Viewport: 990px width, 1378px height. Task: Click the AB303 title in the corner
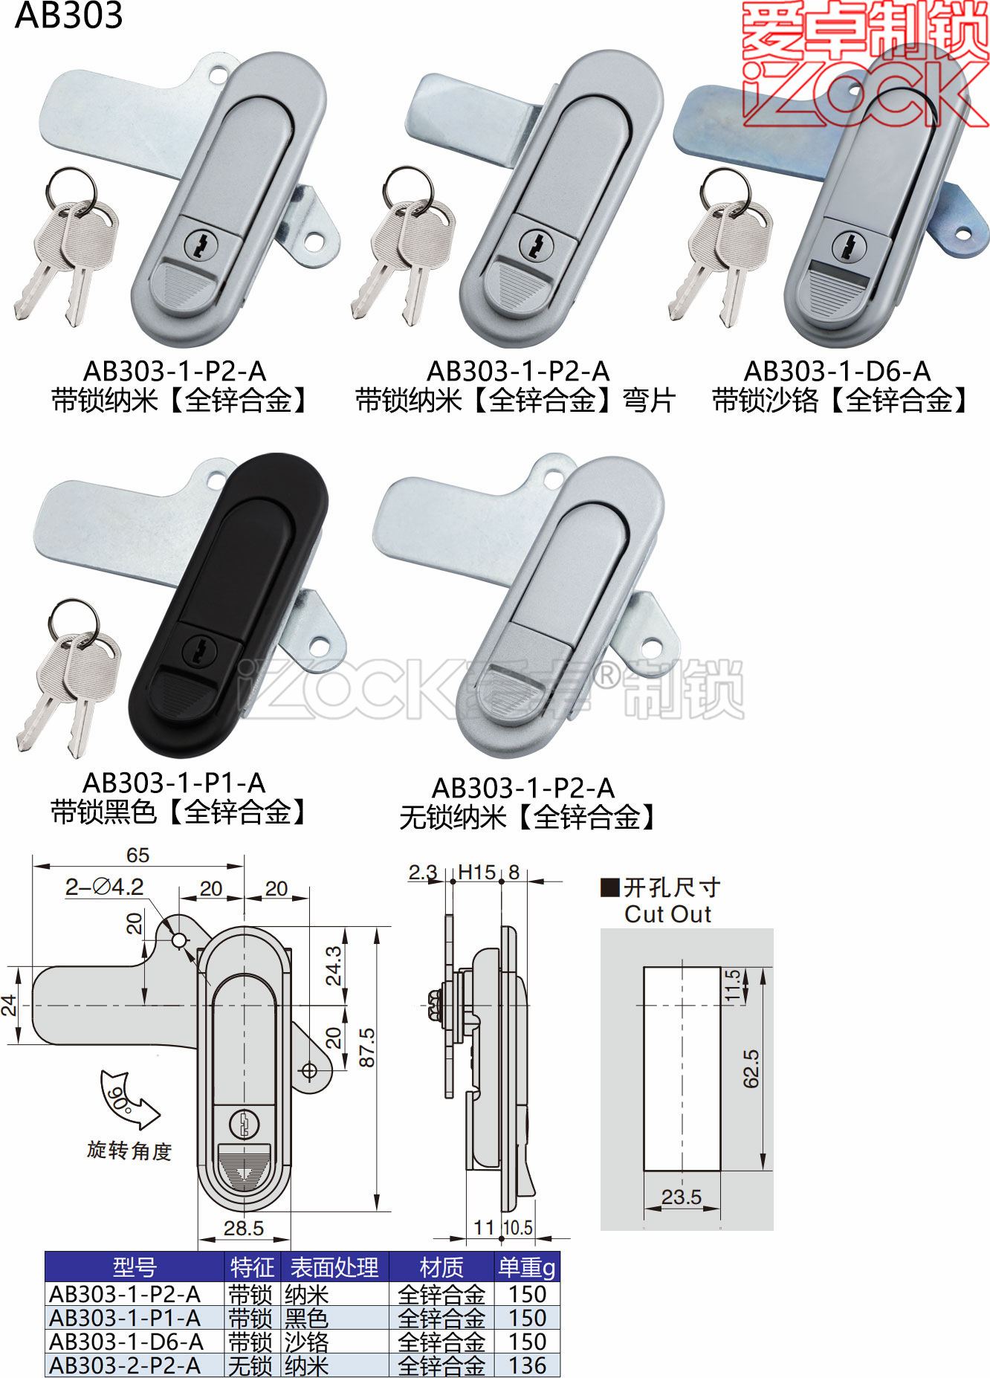pos(68,16)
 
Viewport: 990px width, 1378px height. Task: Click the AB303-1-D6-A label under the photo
pos(837,371)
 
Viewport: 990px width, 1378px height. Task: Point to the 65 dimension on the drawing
pos(137,855)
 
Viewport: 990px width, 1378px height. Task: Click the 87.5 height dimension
pos(367,1047)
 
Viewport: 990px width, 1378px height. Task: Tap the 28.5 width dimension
pos(244,1228)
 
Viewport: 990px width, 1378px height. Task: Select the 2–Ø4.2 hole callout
pos(104,887)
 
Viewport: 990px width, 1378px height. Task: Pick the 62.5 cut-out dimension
pos(751,1069)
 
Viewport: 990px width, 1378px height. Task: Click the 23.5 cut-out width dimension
pos(681,1197)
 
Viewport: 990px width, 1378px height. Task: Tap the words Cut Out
pos(667,914)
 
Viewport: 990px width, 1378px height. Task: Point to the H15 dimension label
pos(476,872)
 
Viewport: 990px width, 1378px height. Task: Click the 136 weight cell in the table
pos(527,1365)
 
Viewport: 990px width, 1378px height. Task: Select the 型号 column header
pos(135,1267)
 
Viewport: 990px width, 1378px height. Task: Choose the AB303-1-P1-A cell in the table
pos(125,1318)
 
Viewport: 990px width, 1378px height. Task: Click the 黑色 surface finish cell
pos(306,1318)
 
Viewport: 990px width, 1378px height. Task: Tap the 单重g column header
pos(527,1267)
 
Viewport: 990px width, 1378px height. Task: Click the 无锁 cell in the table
pos(250,1365)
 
